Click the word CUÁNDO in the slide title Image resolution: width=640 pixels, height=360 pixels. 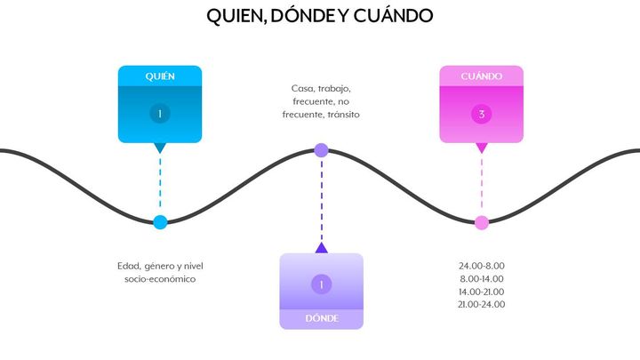393,16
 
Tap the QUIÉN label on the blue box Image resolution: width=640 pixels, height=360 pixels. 160,76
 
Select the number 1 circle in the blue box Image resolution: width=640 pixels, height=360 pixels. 160,114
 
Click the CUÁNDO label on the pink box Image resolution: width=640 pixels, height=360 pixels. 482,76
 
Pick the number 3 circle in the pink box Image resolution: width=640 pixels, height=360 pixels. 482,114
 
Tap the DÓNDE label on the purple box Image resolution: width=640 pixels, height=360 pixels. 322,318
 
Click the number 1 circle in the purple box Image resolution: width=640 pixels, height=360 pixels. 322,284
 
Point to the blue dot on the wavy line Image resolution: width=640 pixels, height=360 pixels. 160,222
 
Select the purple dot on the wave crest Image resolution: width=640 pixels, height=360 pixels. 321,150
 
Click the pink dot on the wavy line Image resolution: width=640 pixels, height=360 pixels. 482,223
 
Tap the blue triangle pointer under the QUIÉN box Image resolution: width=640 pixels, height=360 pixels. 160,148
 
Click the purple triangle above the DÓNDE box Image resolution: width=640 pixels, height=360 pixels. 322,248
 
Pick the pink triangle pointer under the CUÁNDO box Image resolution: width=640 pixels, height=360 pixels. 482,148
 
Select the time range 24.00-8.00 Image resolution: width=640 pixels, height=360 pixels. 482,266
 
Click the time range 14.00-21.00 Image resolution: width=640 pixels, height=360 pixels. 482,292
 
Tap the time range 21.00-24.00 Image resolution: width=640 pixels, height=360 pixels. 482,305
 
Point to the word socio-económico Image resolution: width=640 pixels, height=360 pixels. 160,279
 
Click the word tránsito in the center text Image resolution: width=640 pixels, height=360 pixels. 343,115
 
